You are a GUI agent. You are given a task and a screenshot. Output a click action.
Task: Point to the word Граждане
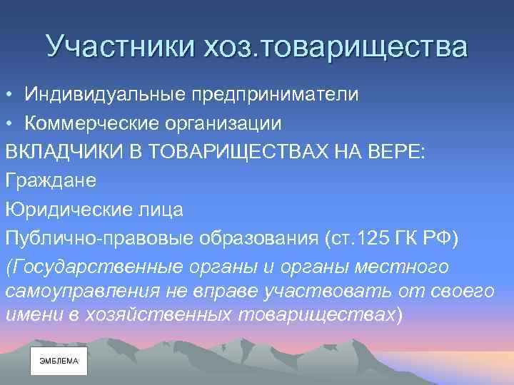point(50,181)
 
